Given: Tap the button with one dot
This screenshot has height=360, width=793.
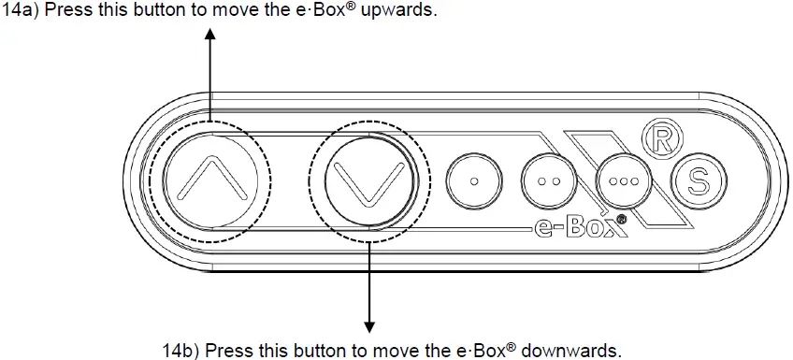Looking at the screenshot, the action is click(474, 180).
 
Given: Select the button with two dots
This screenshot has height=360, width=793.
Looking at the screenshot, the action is click(549, 180).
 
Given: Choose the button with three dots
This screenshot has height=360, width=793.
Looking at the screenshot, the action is click(623, 180).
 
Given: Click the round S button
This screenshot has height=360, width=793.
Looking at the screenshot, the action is click(699, 180).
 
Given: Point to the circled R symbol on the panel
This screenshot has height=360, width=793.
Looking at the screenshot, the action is click(662, 139).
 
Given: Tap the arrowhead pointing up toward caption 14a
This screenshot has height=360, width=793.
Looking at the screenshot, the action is click(210, 35).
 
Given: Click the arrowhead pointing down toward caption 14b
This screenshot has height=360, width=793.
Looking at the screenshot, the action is click(369, 326).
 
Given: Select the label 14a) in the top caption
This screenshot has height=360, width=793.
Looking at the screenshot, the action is click(21, 10).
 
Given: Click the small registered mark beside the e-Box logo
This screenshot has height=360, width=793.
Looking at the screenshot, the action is click(622, 219).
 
